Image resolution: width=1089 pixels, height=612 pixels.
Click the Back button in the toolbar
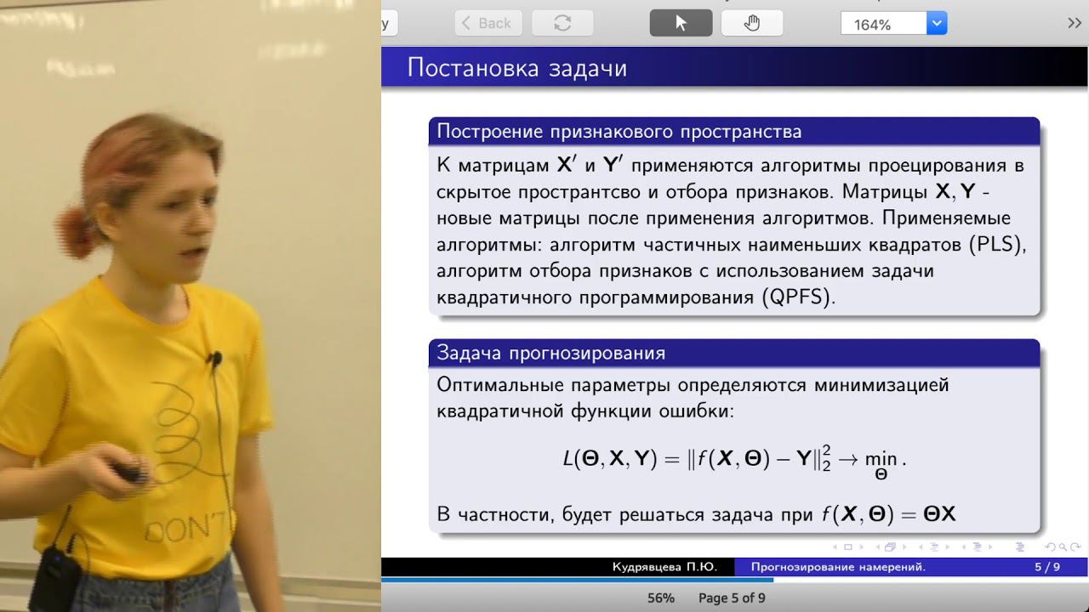[488, 23]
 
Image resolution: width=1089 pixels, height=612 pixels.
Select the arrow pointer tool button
[681, 23]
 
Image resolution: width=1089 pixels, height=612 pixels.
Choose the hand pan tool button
[751, 23]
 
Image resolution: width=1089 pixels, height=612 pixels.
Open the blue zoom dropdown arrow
[937, 23]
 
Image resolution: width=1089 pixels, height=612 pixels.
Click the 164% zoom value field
[883, 24]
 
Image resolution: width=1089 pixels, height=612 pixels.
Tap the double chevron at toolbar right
[1074, 23]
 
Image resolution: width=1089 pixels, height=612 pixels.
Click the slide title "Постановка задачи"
[516, 67]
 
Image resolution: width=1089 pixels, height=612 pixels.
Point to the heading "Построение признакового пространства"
[619, 132]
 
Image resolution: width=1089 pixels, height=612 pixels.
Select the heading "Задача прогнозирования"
[550, 353]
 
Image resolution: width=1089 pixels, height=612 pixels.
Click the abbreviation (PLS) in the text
[997, 244]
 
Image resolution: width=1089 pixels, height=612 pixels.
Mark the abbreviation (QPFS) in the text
[798, 297]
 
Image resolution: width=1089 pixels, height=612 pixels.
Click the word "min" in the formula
[881, 458]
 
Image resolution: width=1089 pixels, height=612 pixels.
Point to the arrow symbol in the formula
[848, 459]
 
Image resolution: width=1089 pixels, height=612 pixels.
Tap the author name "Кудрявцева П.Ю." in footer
[664, 567]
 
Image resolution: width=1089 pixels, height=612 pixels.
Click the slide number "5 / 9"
[1047, 567]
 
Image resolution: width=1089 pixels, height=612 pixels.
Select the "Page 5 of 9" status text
[732, 598]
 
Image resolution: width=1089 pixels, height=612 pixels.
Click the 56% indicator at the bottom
[661, 598]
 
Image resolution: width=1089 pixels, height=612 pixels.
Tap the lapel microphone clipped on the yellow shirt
[214, 360]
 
